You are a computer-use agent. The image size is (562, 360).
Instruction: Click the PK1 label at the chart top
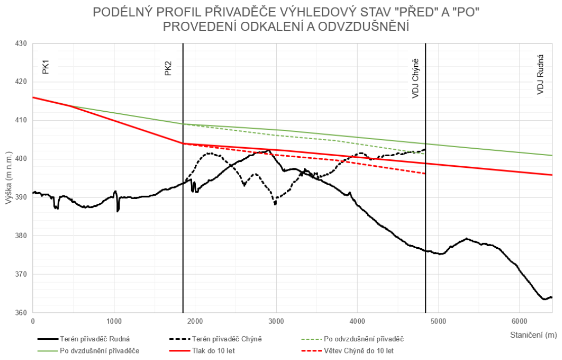[46, 67]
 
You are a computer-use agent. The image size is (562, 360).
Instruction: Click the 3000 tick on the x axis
[276, 321]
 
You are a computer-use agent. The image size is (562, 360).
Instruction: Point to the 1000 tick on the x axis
[114, 321]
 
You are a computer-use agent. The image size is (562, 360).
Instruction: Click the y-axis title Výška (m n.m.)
[8, 178]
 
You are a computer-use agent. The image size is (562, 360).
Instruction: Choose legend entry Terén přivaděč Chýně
[230, 338]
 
